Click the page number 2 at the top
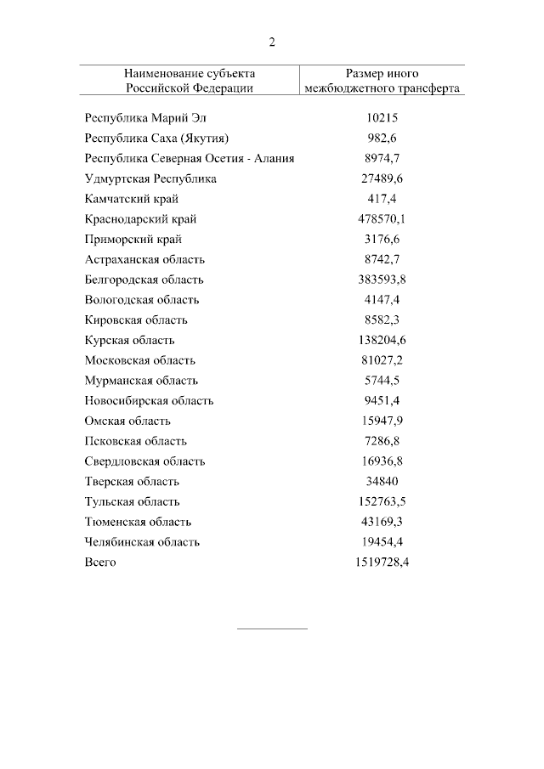[x=272, y=42]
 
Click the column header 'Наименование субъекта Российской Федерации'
[x=189, y=81]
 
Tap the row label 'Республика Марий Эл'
[x=145, y=118]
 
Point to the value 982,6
[x=382, y=139]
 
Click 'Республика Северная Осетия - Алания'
[x=190, y=159]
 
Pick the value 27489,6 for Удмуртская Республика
[x=382, y=179]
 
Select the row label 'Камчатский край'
[x=131, y=199]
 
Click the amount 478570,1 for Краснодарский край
[x=382, y=219]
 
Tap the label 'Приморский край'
[x=133, y=240]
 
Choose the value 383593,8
[x=382, y=280]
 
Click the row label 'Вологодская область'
[x=142, y=300]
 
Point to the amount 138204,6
[x=382, y=340]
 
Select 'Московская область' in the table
[x=140, y=360]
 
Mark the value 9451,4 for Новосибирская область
[x=382, y=401]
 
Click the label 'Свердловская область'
[x=144, y=461]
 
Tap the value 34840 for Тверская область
[x=382, y=482]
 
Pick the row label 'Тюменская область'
[x=138, y=522]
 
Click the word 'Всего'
[x=100, y=563]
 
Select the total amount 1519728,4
[x=382, y=563]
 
